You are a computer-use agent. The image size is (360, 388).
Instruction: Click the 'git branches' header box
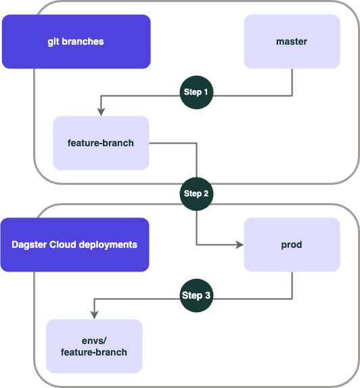76,41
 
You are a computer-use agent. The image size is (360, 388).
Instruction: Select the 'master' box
292,41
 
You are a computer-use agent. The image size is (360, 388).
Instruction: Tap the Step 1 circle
196,92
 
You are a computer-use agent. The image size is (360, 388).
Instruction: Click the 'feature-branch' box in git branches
101,143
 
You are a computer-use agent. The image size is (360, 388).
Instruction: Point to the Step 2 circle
196,194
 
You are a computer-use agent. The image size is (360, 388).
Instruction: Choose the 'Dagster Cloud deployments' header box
75,244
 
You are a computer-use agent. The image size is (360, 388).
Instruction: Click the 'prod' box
292,244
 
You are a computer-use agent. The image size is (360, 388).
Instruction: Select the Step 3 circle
196,295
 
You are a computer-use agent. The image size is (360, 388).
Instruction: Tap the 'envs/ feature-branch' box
94,346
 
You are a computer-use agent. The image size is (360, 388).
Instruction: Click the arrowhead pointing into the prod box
240,244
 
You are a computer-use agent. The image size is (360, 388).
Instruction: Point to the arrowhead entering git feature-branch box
101,112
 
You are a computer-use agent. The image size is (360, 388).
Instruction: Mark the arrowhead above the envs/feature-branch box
94,315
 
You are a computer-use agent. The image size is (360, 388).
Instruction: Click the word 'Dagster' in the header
29,245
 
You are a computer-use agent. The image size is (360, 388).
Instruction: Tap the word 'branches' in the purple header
83,41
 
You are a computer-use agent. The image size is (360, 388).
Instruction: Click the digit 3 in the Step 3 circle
208,295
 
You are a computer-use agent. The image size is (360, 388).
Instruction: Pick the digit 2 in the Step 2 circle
206,194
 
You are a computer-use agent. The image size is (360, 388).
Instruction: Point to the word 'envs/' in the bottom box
94,341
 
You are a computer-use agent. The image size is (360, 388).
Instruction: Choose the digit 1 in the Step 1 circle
206,92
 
